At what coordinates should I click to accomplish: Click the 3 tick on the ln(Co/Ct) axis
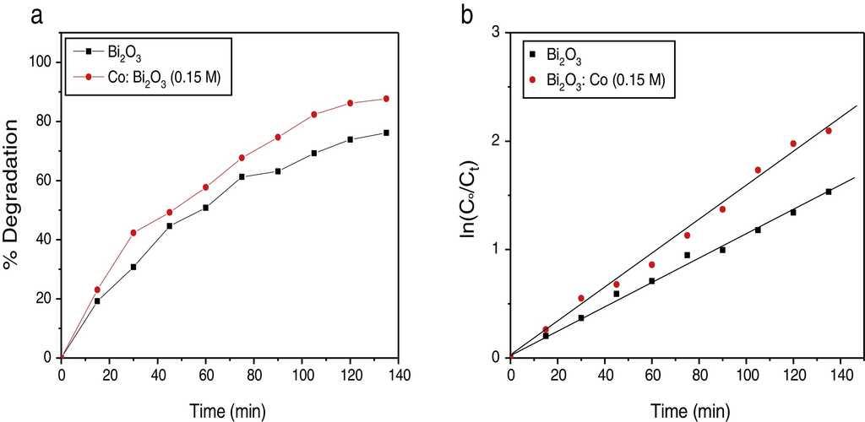(x=497, y=32)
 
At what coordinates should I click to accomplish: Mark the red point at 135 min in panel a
(x=386, y=99)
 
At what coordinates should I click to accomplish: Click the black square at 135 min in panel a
(x=386, y=133)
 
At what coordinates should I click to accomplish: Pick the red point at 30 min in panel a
(x=133, y=233)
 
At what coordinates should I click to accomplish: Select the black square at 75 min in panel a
(x=242, y=176)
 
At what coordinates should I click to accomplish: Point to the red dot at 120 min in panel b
(x=793, y=143)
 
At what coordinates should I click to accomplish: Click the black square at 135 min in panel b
(x=829, y=192)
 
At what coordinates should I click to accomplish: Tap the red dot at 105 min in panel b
(x=758, y=170)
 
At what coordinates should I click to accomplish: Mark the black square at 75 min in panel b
(x=687, y=255)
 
